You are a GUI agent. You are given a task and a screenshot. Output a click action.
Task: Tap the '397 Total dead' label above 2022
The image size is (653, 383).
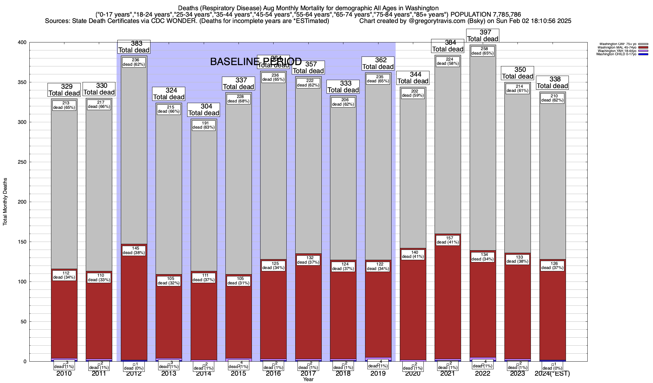[x=482, y=35]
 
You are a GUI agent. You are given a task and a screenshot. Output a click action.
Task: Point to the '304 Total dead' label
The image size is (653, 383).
[x=203, y=110]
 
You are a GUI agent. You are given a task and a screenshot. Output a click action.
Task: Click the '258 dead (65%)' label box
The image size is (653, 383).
[x=482, y=51]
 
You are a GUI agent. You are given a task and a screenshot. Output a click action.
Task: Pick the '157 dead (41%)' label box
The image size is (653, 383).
[x=448, y=240]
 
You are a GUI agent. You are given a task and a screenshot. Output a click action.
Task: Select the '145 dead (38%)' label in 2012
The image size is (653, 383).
[x=134, y=251]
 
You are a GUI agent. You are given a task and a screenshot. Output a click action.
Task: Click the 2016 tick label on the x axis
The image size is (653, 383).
[x=273, y=373]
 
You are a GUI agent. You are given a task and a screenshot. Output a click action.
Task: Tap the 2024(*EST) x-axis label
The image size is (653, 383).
[x=552, y=373]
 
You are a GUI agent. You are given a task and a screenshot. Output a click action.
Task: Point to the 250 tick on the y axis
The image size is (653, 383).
[x=23, y=162]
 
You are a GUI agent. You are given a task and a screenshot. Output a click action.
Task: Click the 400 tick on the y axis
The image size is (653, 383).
[x=23, y=42]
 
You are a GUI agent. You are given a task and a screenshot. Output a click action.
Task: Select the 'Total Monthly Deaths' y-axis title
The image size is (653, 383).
[x=5, y=202]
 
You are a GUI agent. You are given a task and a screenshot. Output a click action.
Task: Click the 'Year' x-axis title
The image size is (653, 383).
[x=308, y=379]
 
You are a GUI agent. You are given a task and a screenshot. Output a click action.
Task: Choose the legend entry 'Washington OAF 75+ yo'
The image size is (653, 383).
[x=618, y=44]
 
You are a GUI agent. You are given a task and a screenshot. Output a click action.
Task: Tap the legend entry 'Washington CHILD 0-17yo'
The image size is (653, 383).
[x=616, y=54]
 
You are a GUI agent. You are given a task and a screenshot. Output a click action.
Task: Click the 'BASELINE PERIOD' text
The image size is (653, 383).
[x=256, y=62]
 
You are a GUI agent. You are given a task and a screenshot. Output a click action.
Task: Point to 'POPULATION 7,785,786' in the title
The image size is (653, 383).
[x=486, y=14]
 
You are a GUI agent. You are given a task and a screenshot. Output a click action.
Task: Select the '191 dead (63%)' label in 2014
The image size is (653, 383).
[x=203, y=125]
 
